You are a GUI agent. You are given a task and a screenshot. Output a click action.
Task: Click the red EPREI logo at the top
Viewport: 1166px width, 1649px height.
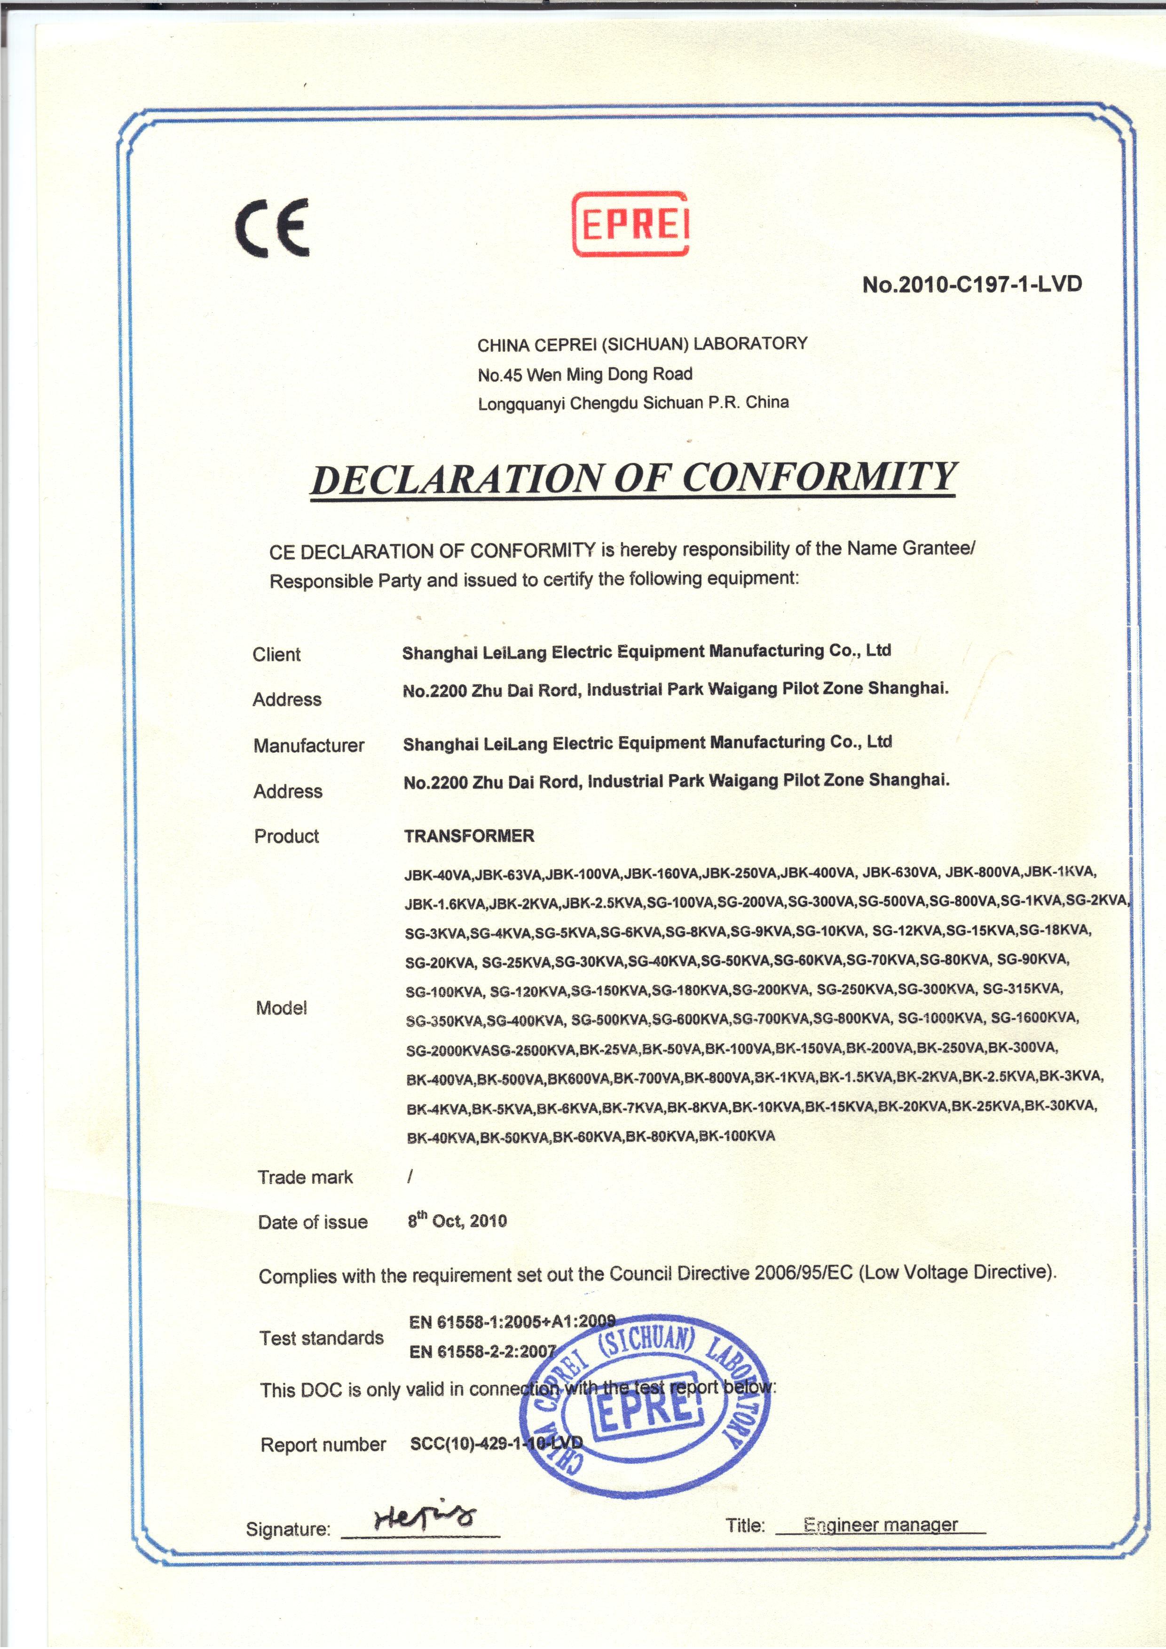point(630,225)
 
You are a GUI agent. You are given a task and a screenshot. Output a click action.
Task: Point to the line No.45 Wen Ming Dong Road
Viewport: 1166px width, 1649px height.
point(585,374)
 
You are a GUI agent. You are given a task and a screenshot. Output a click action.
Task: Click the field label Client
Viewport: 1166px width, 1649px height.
point(276,654)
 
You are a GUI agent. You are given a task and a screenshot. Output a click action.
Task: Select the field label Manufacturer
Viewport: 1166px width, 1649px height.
point(309,746)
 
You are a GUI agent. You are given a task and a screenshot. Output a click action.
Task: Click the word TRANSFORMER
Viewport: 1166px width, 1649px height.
point(469,836)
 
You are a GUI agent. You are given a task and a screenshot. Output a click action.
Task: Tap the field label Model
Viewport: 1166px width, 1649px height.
point(282,1008)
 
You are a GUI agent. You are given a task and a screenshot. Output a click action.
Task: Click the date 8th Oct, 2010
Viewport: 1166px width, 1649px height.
point(457,1221)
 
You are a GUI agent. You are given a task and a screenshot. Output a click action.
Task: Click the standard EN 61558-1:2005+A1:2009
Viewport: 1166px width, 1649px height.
point(512,1321)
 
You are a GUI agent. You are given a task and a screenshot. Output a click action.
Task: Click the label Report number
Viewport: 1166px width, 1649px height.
point(323,1445)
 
